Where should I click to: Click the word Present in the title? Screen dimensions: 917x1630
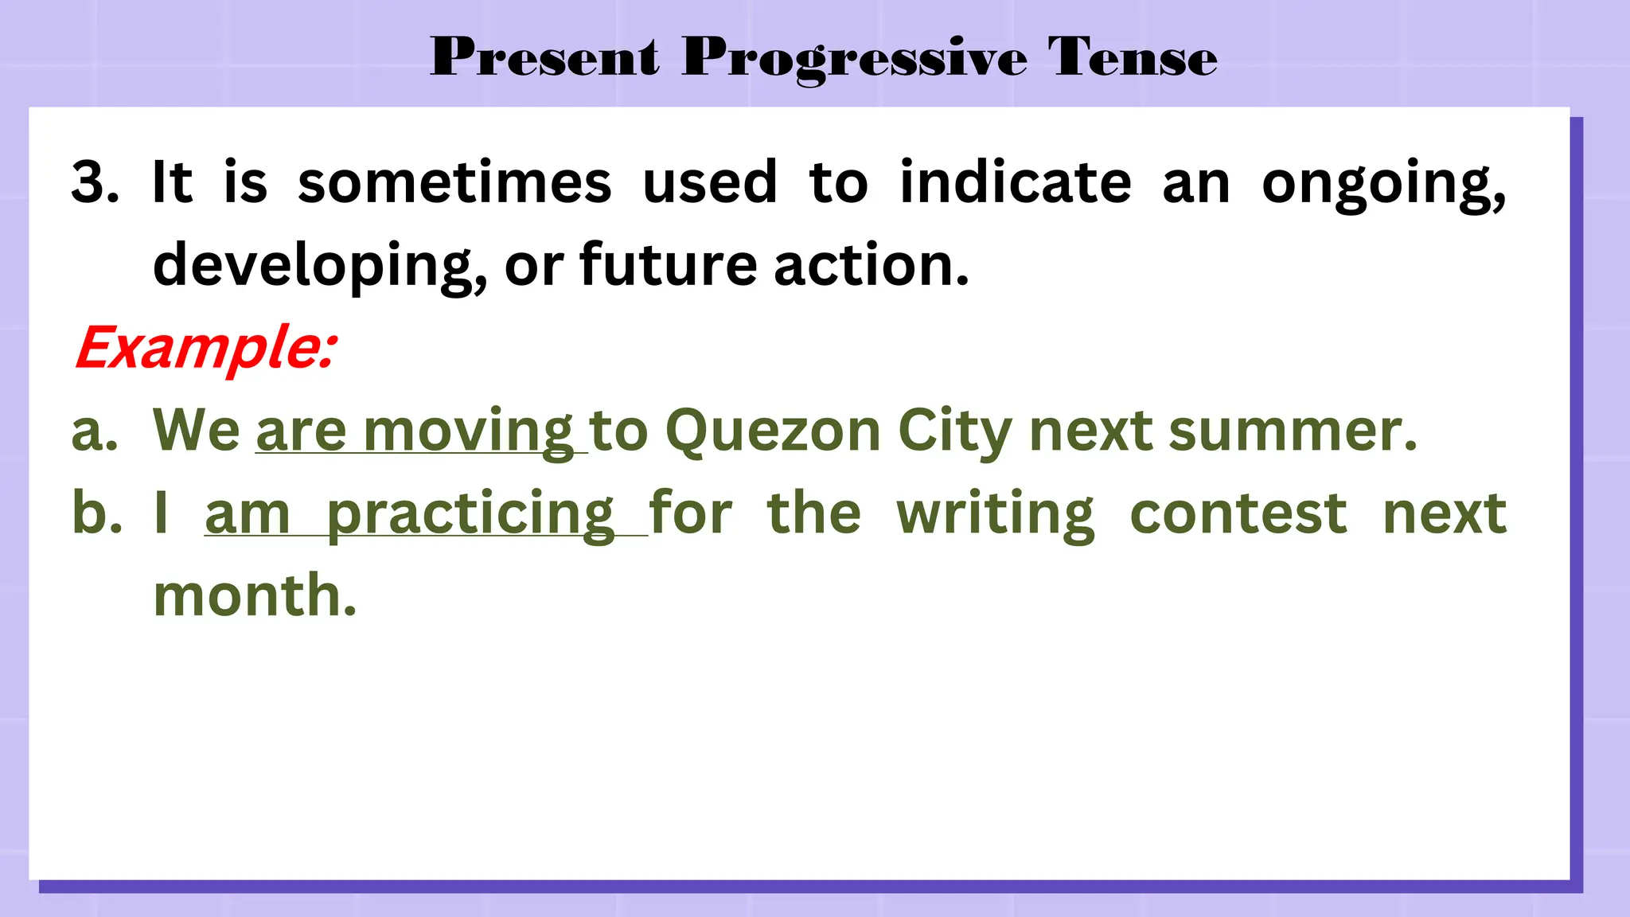point(545,57)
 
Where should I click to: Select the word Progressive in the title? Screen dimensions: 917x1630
point(854,59)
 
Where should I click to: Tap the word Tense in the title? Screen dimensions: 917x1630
point(1132,57)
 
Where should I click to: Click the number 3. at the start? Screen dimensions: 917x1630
point(95,181)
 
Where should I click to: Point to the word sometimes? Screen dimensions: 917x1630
point(454,181)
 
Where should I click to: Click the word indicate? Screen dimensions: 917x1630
point(1016,181)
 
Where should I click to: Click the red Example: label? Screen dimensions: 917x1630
point(206,348)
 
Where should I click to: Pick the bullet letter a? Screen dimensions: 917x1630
point(94,431)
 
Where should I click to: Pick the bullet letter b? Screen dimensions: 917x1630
point(96,513)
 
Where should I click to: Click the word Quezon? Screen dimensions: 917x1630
point(773,431)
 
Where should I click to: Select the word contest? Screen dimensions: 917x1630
point(1238,513)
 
